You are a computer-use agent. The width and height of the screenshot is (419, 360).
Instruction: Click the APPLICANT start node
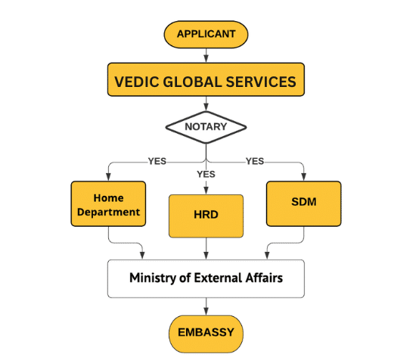[x=206, y=35]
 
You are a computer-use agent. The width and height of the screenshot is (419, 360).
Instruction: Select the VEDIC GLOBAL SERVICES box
[x=206, y=79]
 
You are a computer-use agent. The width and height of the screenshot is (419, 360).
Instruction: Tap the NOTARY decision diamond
[x=206, y=127]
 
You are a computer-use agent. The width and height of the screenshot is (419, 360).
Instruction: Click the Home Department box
[x=108, y=204]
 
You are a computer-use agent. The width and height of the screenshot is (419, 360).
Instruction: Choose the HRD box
[x=206, y=216]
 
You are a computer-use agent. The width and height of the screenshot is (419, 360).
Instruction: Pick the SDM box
[x=303, y=204]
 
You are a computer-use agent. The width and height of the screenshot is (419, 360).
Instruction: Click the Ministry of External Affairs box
[x=206, y=278]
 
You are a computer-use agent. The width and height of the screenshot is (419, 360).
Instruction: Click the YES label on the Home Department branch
[x=157, y=161]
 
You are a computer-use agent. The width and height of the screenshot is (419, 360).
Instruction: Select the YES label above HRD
[x=206, y=174]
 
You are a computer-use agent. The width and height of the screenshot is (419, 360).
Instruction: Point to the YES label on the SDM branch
[x=255, y=161]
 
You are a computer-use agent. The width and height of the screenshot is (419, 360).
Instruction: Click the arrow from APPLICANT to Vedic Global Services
[x=206, y=56]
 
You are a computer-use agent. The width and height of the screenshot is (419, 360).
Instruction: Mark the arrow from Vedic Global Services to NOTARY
[x=206, y=104]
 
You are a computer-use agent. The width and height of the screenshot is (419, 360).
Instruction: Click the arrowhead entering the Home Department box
[x=108, y=177]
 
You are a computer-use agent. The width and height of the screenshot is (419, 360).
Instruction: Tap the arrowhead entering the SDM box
[x=303, y=177]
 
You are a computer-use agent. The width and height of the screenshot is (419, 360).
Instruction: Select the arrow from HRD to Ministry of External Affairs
[x=206, y=249]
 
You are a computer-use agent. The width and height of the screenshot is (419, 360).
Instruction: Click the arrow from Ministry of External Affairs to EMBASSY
[x=206, y=306]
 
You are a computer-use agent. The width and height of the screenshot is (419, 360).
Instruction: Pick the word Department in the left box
[x=108, y=213]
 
